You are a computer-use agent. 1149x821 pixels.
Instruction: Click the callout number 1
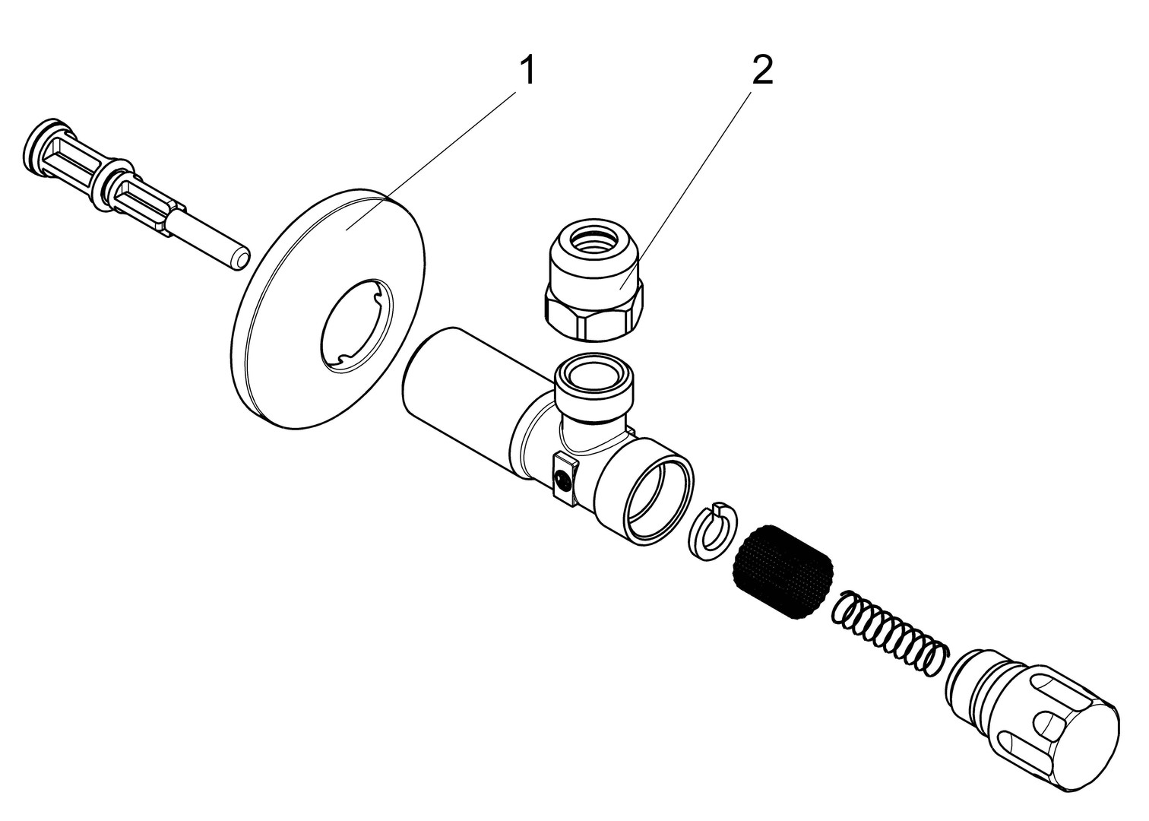(527, 72)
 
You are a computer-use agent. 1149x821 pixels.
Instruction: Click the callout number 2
(761, 72)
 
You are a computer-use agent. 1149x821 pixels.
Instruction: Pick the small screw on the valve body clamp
(562, 479)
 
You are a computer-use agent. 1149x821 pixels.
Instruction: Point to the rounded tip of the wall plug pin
(239, 258)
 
